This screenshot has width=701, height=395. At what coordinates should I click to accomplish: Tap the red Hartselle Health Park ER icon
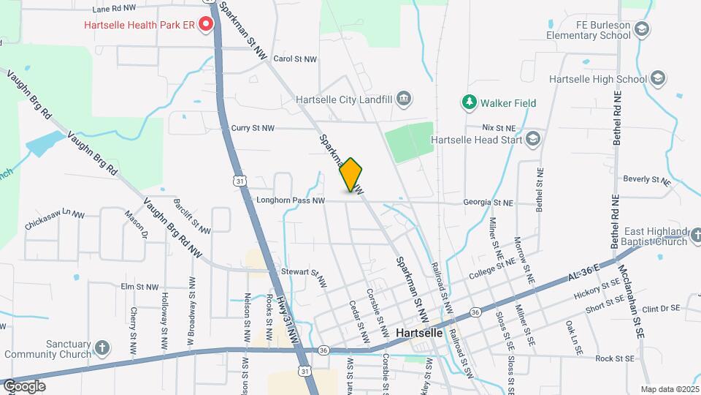pyautogui.click(x=206, y=25)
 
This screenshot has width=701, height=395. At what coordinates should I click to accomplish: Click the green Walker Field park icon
pyautogui.click(x=469, y=103)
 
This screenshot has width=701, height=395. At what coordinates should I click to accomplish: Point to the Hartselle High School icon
pyautogui.click(x=659, y=78)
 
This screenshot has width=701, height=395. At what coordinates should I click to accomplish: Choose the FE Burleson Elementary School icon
pyautogui.click(x=642, y=29)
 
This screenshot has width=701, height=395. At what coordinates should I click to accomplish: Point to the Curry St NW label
pyautogui.click(x=253, y=128)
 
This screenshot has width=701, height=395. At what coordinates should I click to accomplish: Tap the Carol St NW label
pyautogui.click(x=295, y=59)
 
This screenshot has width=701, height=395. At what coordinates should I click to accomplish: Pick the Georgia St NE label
pyautogui.click(x=488, y=202)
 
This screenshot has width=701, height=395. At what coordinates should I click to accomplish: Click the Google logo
pyautogui.click(x=24, y=386)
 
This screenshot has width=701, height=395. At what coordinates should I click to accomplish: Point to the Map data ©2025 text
pyautogui.click(x=670, y=389)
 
